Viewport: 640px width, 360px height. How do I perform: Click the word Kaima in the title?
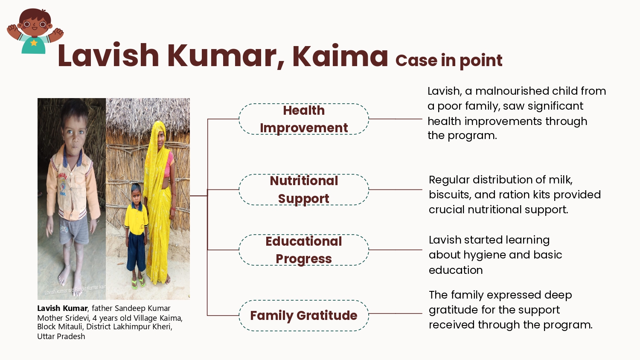[x=340, y=56]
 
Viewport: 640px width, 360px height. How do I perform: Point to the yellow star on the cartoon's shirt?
[x=34, y=43]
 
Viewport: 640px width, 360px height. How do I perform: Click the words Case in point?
[x=449, y=61]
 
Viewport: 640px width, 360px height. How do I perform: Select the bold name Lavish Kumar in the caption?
[x=62, y=308]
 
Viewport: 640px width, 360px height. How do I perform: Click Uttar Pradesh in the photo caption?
[x=61, y=336]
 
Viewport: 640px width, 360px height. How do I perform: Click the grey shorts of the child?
[x=74, y=230]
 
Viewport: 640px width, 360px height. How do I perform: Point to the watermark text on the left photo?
[x=75, y=290]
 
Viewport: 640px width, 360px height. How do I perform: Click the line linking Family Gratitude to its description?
[x=396, y=314]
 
